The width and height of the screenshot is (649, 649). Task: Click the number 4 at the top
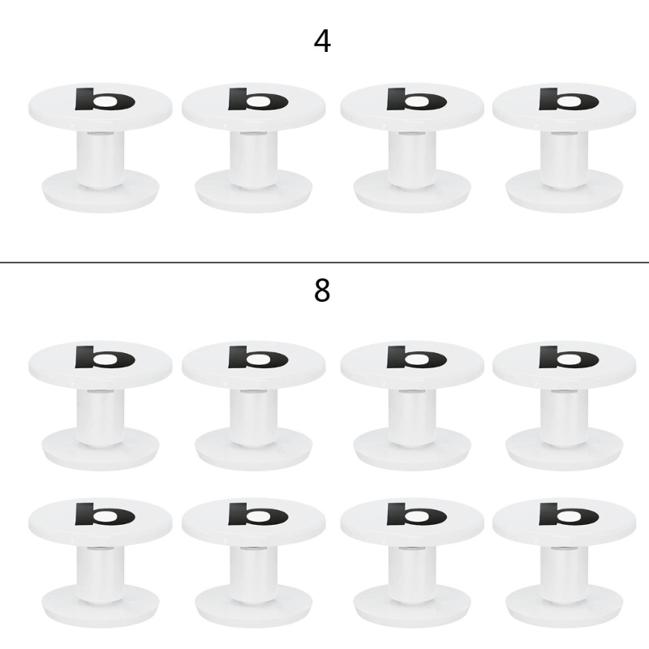point(322,41)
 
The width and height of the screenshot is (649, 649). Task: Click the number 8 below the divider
point(322,290)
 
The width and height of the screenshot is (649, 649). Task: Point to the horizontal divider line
point(324,262)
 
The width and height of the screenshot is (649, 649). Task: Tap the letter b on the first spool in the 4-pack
point(105,99)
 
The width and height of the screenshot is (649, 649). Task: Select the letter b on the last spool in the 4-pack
point(569,99)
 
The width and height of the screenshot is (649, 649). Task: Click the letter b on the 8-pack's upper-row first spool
point(105,357)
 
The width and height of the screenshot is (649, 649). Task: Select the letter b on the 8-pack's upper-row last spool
point(569,357)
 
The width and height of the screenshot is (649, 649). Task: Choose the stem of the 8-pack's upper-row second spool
point(254,417)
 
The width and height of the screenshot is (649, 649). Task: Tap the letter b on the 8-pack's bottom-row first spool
point(105,514)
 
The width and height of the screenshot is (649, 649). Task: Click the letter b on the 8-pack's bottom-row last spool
point(569,514)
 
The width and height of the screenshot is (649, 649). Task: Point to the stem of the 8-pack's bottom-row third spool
point(412,574)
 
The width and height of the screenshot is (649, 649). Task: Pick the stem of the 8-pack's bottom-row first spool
point(101,574)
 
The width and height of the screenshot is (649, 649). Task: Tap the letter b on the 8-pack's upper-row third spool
point(416,357)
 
